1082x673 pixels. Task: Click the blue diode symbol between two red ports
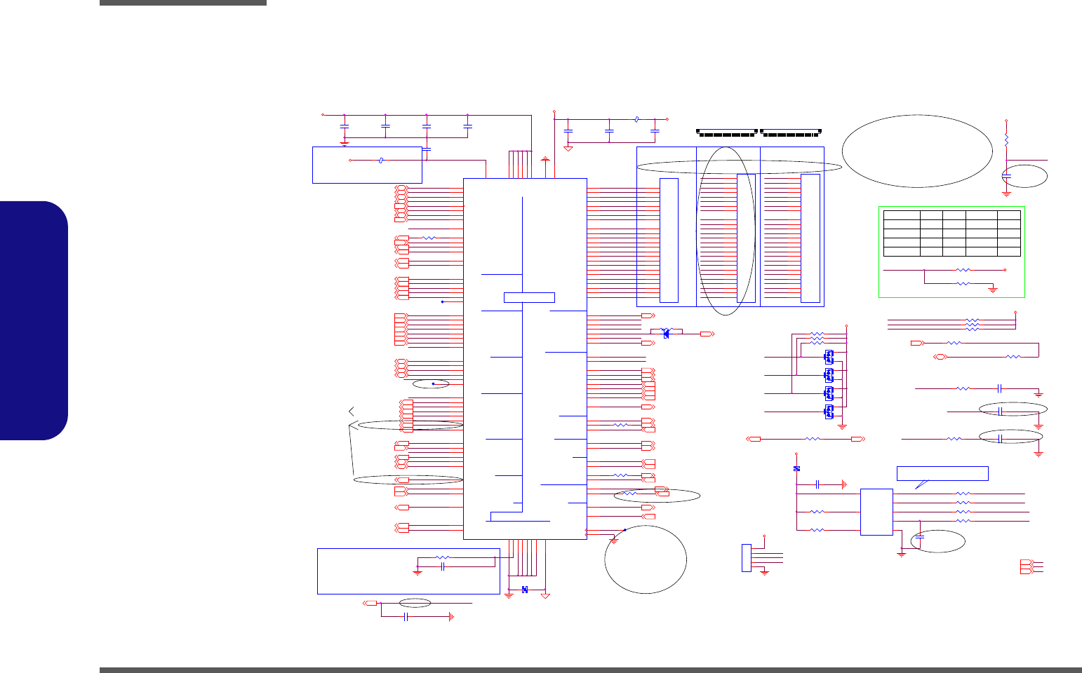666,334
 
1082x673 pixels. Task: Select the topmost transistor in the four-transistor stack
829,356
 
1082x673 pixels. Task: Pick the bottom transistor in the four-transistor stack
829,411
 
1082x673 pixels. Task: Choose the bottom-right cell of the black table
1009,251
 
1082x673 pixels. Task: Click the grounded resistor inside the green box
963,284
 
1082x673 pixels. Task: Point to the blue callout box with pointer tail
942,473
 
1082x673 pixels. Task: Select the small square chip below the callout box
876,512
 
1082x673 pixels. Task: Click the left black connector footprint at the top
727,132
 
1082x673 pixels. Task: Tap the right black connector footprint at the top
791,132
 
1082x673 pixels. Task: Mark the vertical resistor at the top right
1006,140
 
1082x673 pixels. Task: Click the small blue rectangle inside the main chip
529,297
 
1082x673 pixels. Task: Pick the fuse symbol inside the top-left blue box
380,161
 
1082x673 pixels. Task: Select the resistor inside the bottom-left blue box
442,558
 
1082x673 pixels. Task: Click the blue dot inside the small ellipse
434,384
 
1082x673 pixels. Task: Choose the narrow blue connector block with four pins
746,558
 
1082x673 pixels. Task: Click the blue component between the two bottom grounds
525,590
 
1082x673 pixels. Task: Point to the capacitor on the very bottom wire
406,617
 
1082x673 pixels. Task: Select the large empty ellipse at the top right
916,151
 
